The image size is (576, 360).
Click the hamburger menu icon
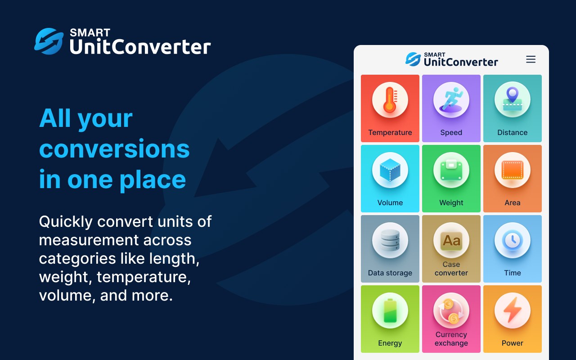pyautogui.click(x=531, y=59)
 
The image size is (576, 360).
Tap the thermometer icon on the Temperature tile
pyautogui.click(x=390, y=100)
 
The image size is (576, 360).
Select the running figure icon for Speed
pyautogui.click(x=451, y=100)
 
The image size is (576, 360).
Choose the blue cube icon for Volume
pyautogui.click(x=390, y=170)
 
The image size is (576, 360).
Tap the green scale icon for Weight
pyautogui.click(x=451, y=170)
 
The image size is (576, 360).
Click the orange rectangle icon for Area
pyautogui.click(x=512, y=170)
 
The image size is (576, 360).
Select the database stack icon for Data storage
pyautogui.click(x=390, y=240)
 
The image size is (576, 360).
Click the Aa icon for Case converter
pyautogui.click(x=451, y=240)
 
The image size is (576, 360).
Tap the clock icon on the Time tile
pyautogui.click(x=512, y=240)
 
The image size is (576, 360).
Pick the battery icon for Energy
pyautogui.click(x=390, y=310)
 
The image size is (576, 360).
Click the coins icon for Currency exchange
pyautogui.click(x=451, y=310)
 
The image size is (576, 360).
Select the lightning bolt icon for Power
pyautogui.click(x=512, y=310)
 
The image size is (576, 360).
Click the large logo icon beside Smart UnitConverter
pyautogui.click(x=49, y=41)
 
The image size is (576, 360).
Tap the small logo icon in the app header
pyautogui.click(x=413, y=59)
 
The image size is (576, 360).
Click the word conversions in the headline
pyautogui.click(x=114, y=149)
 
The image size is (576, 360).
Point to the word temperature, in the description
pyautogui.click(x=144, y=277)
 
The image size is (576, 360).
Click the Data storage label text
pyautogui.click(x=390, y=273)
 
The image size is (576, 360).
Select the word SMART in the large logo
pyautogui.click(x=90, y=33)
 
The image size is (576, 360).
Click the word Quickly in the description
pyautogui.click(x=66, y=221)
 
